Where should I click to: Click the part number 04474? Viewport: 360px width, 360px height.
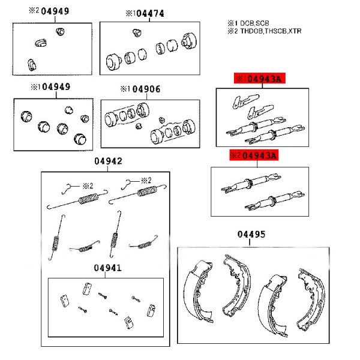coord(150,13)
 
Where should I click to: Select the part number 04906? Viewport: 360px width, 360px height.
coord(146,89)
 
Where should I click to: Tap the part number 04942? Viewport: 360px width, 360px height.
coord(108,161)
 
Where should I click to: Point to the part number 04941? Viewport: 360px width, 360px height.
coord(107,268)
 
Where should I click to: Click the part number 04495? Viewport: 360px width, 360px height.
coord(251,234)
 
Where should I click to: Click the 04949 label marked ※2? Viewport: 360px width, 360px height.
coord(55,11)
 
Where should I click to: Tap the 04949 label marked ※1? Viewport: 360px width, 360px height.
coord(56,87)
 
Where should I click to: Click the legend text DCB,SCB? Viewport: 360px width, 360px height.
coord(254,23)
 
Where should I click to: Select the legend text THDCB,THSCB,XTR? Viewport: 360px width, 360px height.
coord(271,31)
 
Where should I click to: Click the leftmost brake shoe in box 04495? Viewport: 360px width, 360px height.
coord(198,291)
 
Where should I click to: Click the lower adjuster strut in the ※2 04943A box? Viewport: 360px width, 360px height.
coord(275,200)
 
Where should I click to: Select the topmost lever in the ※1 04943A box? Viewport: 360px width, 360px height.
coord(245,101)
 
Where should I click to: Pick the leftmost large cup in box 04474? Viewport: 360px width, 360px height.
coord(113,62)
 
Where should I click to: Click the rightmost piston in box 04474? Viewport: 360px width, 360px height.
coord(189,41)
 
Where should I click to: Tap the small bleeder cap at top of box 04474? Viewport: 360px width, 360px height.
coord(137,32)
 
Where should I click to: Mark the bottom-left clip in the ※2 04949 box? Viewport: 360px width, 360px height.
coord(31,65)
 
